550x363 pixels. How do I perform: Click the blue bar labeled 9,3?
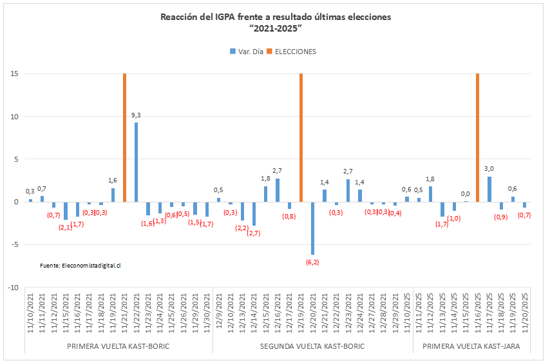click(x=136, y=162)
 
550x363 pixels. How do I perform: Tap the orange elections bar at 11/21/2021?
click(x=124, y=137)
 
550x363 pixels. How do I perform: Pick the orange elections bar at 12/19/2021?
click(x=301, y=137)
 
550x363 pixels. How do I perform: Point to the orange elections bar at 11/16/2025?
click(x=477, y=137)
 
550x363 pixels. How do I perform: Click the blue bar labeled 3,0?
click(x=489, y=189)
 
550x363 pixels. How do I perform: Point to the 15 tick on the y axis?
click(x=13, y=74)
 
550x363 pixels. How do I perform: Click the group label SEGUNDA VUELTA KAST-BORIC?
click(x=312, y=347)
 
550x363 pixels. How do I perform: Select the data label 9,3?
click(x=136, y=115)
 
